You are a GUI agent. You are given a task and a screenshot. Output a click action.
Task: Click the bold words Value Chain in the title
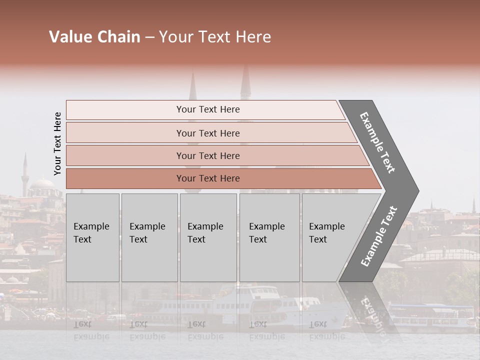94,37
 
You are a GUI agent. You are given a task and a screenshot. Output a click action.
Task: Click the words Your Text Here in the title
215,37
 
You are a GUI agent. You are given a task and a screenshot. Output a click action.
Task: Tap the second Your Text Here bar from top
208,133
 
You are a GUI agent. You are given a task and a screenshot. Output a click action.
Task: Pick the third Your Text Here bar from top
208,155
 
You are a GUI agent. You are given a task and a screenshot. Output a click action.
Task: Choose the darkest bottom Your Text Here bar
208,178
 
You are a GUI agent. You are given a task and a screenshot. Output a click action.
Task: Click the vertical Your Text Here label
57,143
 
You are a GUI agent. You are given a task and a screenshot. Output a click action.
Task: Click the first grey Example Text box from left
92,237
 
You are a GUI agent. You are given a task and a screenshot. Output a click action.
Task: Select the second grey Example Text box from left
149,237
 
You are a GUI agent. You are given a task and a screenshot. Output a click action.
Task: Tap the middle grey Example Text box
208,237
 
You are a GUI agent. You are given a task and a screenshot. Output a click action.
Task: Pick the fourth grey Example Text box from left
269,237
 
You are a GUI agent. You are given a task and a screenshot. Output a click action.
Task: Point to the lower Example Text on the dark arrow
379,236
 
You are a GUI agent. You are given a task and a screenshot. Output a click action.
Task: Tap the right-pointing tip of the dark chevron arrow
416,190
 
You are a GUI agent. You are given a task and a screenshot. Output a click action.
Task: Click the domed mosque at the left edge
42,187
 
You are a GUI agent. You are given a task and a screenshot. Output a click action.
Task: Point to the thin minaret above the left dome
24,170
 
